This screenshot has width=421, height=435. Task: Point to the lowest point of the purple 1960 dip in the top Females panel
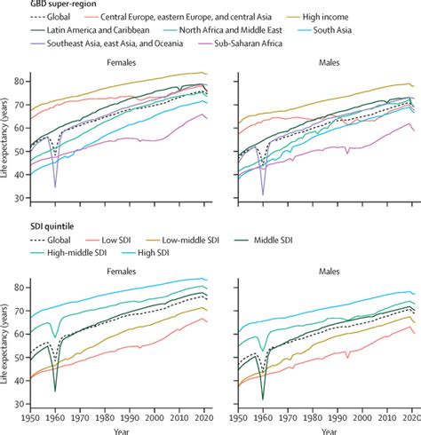tap(54, 187)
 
